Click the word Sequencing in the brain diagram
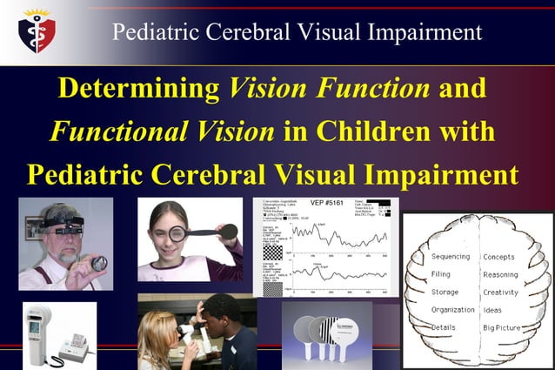(x=451, y=257)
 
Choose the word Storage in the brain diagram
(x=445, y=292)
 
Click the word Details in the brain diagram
(x=444, y=327)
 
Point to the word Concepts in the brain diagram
(x=498, y=257)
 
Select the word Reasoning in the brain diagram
(x=501, y=274)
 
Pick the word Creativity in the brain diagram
(x=501, y=293)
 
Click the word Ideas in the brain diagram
(x=492, y=310)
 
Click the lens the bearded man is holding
(x=98, y=263)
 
